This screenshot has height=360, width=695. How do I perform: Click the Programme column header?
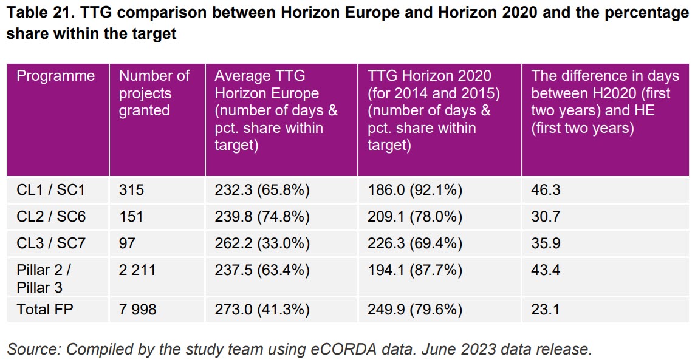[x=55, y=76]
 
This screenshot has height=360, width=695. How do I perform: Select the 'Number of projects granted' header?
[x=154, y=93]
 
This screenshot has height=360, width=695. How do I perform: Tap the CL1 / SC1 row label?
[x=50, y=190]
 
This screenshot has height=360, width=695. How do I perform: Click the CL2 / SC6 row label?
[x=51, y=217]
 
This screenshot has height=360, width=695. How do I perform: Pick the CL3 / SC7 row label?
[x=51, y=243]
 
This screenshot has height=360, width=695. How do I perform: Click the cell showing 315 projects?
[x=131, y=190]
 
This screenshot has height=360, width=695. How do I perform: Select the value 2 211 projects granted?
[x=137, y=270]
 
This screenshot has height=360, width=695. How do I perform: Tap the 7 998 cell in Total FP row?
[x=137, y=310]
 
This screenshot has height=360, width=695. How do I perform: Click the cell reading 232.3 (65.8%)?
[x=262, y=190]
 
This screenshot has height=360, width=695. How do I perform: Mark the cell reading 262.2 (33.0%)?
[x=262, y=243]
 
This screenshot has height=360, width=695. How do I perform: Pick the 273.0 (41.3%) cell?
[x=262, y=310]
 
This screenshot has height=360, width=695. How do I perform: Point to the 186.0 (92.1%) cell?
[x=415, y=190]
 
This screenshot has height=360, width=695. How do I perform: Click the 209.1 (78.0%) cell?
[x=415, y=217]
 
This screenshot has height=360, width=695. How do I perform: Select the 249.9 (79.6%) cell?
[x=415, y=310]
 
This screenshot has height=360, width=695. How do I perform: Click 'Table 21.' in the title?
[x=36, y=13]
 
